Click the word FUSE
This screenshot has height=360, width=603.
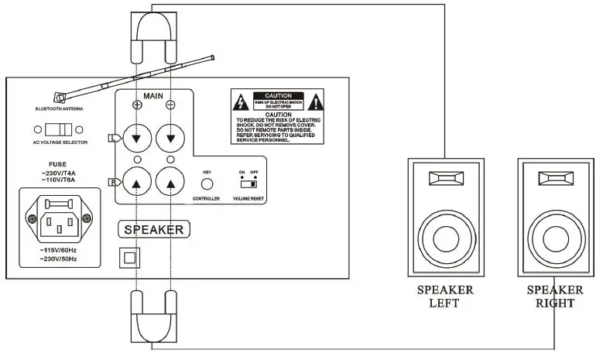tap(58, 163)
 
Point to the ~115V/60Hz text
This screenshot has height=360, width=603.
tap(58, 251)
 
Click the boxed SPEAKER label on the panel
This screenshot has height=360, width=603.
tap(154, 229)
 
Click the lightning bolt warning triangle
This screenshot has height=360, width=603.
tap(241, 102)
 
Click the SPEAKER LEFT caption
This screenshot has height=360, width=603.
tap(445, 297)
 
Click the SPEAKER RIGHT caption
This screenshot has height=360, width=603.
tap(554, 297)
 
